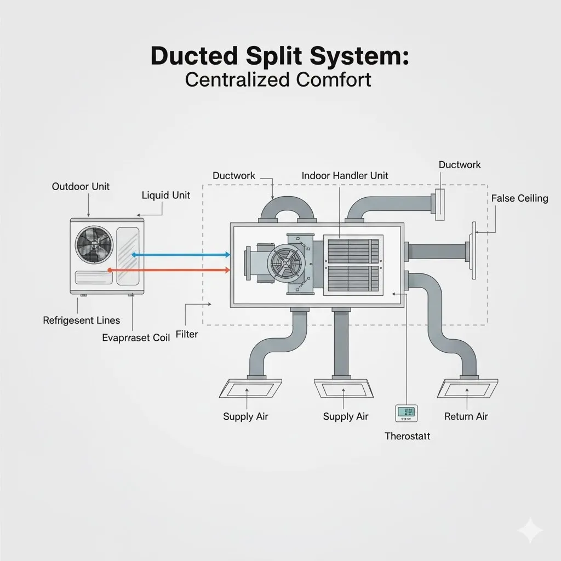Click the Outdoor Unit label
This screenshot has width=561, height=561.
pos(81,186)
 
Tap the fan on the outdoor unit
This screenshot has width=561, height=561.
pos(94,244)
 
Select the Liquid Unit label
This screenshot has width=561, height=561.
pos(165,195)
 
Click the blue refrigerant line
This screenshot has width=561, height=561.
pos(181,254)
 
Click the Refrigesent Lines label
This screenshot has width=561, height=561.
pos(81,320)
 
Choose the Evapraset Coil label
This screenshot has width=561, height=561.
pos(136,337)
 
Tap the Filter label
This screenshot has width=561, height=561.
pos(187,334)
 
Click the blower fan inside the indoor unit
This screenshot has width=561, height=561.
pos(285,262)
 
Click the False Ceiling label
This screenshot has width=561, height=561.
pos(519,198)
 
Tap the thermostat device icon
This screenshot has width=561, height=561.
pos(406,413)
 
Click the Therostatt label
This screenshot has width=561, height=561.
pos(407,436)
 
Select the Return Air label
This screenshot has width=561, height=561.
pos(466,416)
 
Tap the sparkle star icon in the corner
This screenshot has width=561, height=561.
pos(530,531)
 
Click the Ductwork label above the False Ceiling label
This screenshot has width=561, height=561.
pos(460,165)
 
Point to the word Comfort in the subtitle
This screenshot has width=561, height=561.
pos(334,79)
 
